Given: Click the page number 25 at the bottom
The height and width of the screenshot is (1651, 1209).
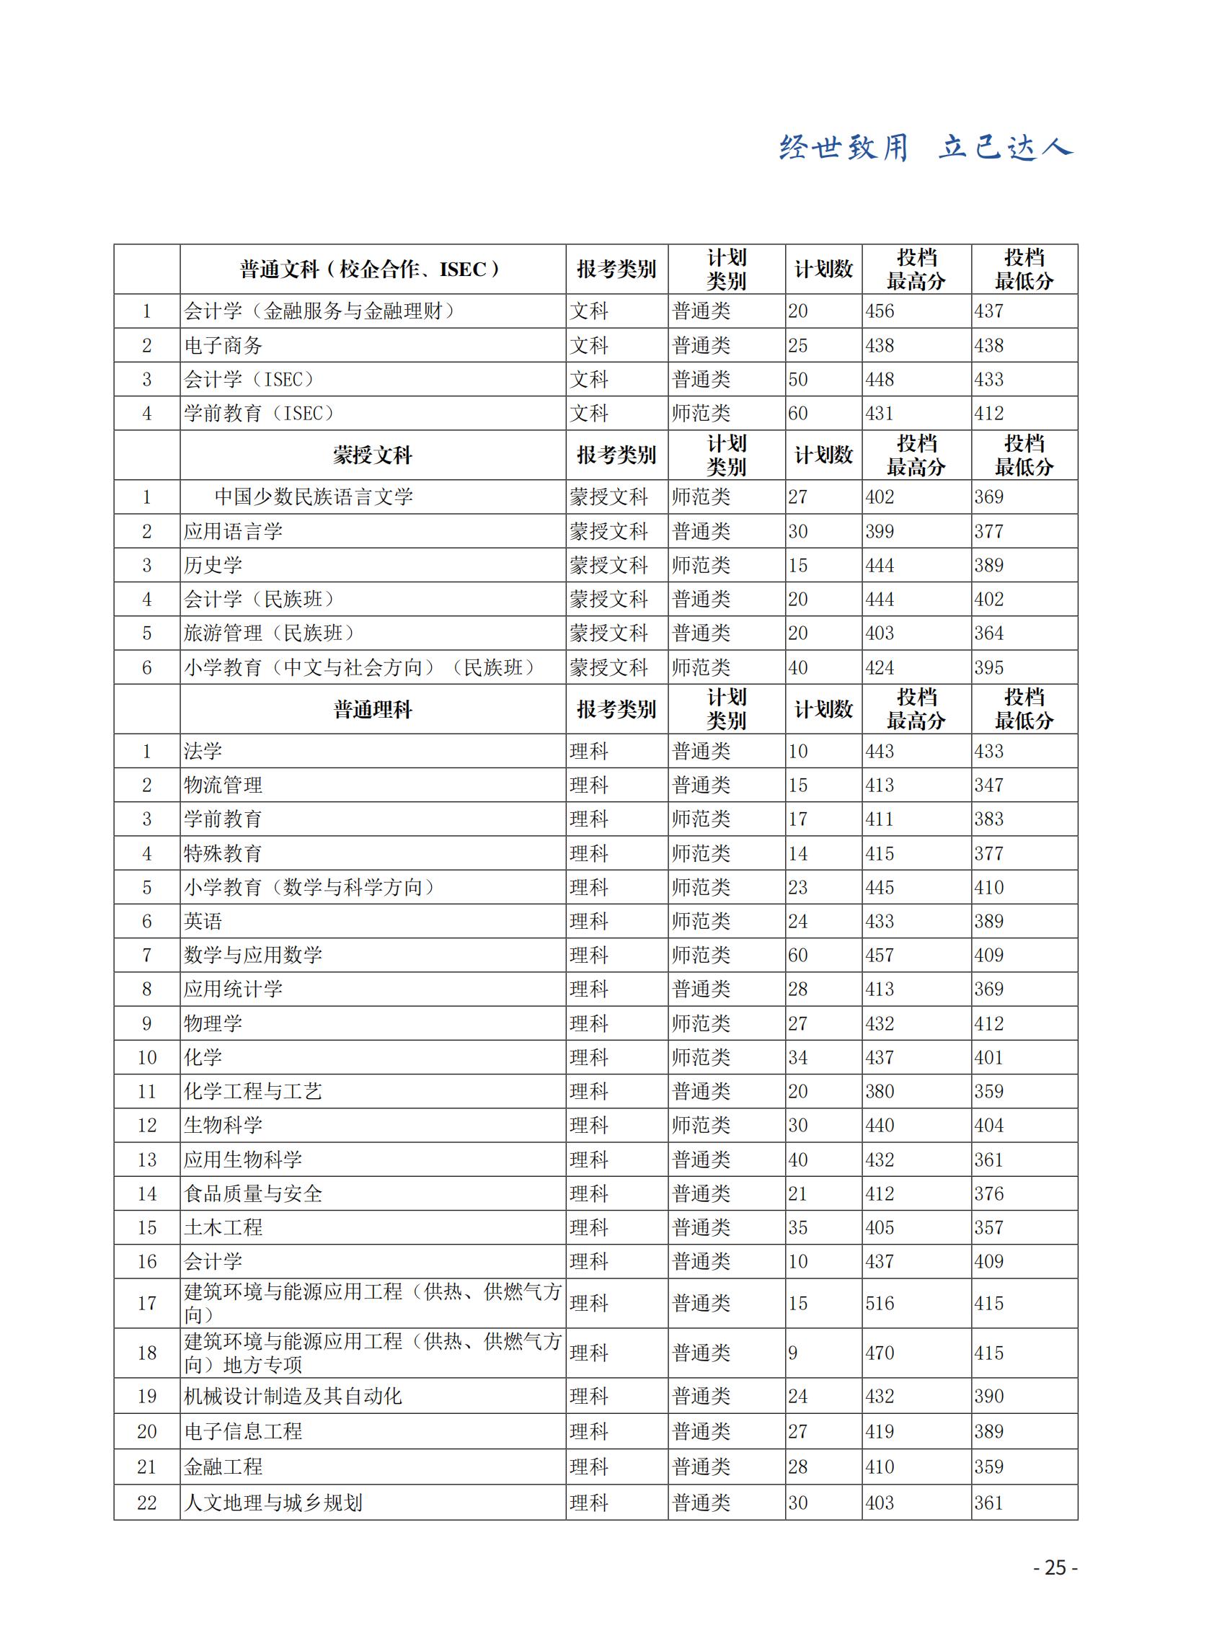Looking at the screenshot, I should coord(1055,1567).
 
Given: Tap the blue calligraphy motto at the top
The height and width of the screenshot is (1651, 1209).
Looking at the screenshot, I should coord(926,148).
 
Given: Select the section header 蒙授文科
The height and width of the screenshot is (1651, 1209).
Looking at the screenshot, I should coord(373,455).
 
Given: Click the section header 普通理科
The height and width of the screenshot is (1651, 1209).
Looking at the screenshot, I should coord(373,709).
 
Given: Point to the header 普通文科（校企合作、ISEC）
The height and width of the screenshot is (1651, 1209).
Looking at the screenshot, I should coord(373,270).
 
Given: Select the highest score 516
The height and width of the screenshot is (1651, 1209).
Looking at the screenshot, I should coord(880,1303).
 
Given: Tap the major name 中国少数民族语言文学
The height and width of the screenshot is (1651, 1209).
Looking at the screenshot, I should coord(313,497).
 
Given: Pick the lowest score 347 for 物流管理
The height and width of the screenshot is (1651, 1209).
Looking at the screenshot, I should coord(988,785).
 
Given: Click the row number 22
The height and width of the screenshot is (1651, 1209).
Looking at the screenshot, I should coord(147,1503).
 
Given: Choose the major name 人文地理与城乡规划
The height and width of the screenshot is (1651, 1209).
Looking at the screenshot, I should coord(273,1503).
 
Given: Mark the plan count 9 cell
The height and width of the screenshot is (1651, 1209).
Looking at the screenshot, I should coord(793,1353).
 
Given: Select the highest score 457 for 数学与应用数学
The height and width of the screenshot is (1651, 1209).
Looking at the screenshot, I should coord(880,955).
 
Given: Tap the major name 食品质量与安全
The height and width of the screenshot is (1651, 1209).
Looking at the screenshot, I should coord(252,1194).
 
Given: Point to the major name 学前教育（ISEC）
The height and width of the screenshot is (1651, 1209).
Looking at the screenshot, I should coord(260,414).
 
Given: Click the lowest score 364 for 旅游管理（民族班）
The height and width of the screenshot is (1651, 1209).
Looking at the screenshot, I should coord(988,633).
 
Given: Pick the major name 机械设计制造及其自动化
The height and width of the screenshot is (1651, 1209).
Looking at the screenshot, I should coord(293,1396).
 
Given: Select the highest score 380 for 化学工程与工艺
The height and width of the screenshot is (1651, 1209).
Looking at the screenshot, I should coord(880,1091).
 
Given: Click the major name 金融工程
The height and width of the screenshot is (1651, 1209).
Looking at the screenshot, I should coord(223,1467).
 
